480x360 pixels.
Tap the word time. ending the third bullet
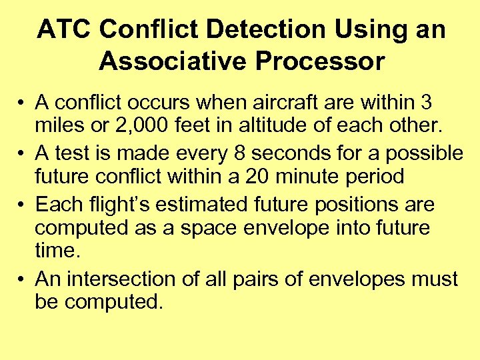56,251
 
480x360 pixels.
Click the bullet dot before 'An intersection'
21,279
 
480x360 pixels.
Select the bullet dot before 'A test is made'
21,153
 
